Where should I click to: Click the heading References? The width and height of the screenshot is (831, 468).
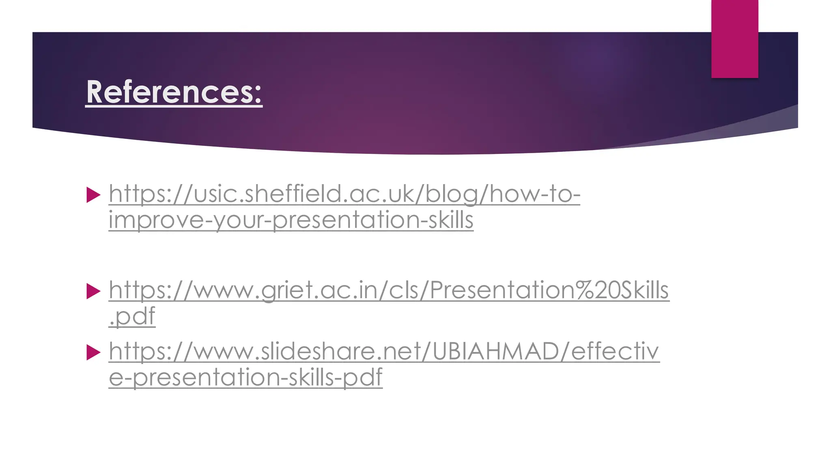(174, 92)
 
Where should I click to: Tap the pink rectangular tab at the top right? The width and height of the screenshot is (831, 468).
(734, 39)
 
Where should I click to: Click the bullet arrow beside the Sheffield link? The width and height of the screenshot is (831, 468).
(93, 195)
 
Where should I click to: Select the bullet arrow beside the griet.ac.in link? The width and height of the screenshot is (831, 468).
(93, 291)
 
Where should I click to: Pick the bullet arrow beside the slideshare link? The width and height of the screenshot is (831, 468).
(93, 352)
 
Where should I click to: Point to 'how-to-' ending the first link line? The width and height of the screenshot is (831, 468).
(535, 194)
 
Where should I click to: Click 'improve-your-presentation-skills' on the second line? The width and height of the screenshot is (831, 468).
(291, 220)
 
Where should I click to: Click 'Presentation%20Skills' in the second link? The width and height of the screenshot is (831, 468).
(549, 290)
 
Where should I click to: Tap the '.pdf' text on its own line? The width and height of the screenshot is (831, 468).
(132, 316)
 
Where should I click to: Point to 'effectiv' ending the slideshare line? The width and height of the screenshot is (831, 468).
(615, 351)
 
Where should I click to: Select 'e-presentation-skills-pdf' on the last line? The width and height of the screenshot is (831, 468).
(245, 377)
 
